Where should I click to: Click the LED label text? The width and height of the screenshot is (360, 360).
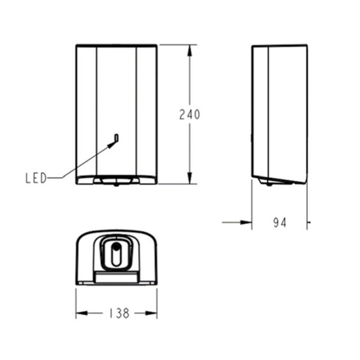pos(35,178)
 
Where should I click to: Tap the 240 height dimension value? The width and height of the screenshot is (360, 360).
pos(190,115)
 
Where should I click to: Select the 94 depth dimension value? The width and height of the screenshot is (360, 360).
pos(279,223)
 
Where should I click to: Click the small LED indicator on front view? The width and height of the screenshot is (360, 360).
pos(116,138)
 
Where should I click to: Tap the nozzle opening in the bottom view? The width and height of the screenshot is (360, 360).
pos(117,250)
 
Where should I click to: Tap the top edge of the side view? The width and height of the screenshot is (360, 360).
pos(281,45)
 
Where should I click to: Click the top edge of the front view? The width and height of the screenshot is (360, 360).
pos(116,44)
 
